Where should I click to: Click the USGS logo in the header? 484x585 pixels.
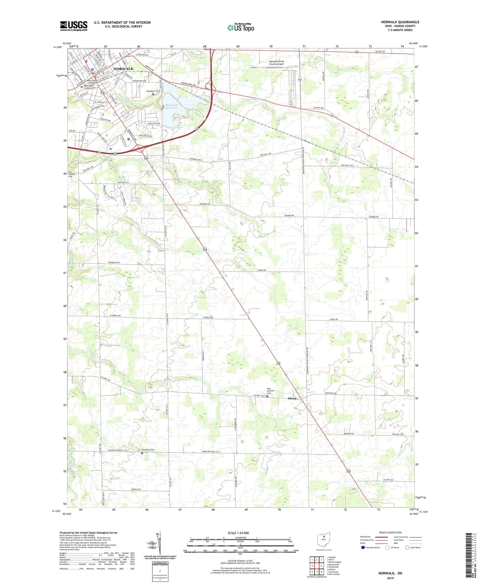click(74, 26)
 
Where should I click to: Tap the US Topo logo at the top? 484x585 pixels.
click(240, 27)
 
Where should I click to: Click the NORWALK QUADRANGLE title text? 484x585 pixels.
click(400, 22)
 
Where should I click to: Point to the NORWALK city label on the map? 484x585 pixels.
click(123, 69)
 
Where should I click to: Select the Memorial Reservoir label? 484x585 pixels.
click(171, 106)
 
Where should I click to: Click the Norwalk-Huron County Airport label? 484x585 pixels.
click(277, 63)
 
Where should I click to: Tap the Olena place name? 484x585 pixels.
click(292, 398)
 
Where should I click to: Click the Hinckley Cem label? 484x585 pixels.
click(148, 450)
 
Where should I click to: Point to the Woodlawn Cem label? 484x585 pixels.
click(153, 91)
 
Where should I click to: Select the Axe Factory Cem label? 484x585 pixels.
click(72, 175)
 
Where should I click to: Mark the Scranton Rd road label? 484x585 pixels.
click(330, 393)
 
